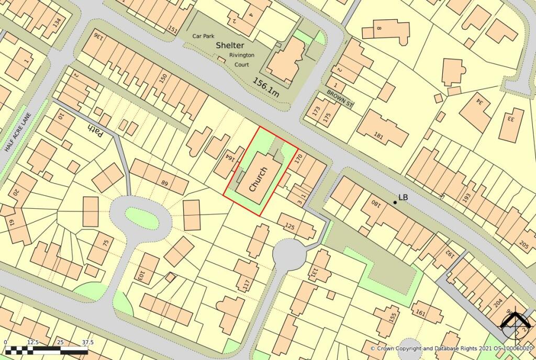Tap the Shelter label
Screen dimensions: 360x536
230,46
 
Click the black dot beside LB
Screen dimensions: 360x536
395,203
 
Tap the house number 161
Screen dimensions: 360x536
420,313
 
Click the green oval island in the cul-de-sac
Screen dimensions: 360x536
142,218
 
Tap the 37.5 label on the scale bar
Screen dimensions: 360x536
87,342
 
